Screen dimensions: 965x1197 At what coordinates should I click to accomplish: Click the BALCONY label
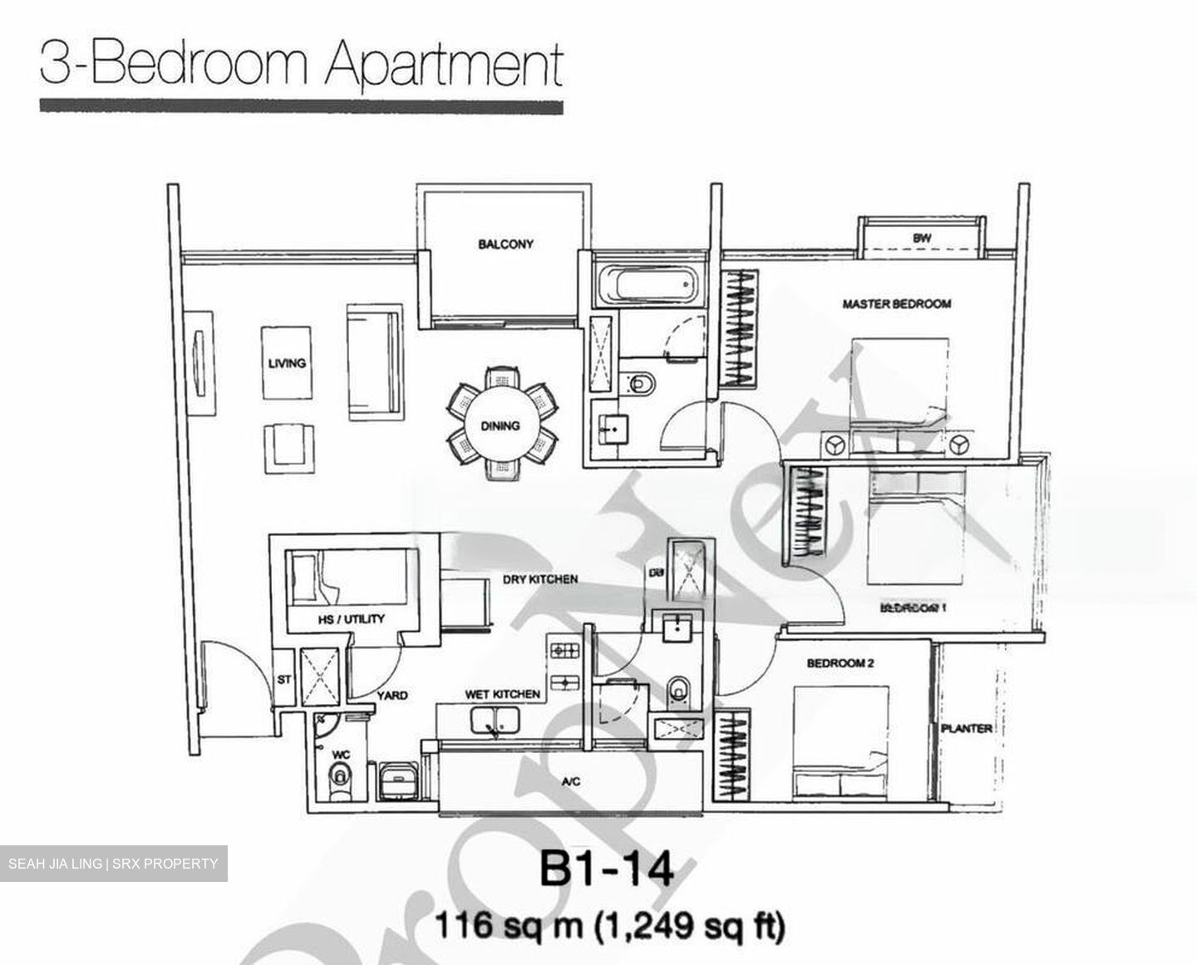505,244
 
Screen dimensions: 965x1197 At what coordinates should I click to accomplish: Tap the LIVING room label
287,363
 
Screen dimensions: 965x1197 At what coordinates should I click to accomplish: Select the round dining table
500,426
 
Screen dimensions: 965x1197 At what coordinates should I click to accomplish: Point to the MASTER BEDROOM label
896,304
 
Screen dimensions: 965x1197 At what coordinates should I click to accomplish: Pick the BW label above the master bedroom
921,238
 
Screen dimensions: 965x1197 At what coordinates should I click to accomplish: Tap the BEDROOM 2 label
840,663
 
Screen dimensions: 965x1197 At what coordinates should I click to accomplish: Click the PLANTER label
967,729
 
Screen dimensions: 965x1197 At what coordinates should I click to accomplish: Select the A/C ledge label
570,781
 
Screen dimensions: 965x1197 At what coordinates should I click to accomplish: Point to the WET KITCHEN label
502,694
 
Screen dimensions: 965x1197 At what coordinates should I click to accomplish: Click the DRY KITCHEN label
540,579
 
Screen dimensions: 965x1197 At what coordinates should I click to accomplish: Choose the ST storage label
284,679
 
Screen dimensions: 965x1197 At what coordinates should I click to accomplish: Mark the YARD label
392,695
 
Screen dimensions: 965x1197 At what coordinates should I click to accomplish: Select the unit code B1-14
606,872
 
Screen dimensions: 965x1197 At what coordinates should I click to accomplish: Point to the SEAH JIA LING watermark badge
114,864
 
